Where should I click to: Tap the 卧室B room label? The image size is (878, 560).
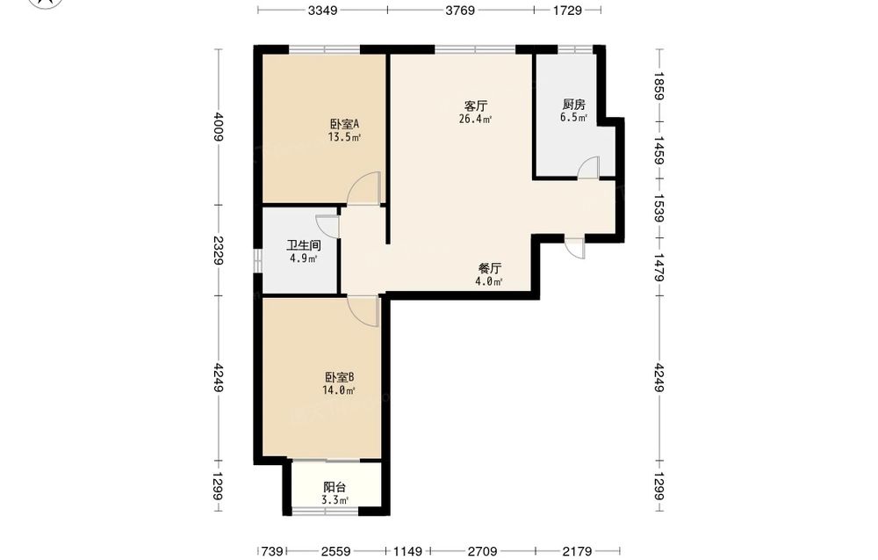pos(340,377)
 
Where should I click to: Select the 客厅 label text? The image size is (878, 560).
pos(475,105)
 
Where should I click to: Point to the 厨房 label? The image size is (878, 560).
pos(574,105)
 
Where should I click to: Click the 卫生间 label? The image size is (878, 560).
pos(304,245)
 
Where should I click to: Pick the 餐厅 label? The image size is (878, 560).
pos(489,268)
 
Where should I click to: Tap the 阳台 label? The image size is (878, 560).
pos(335,488)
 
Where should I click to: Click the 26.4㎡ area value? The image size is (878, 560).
pos(475,119)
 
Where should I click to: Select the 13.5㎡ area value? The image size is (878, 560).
pos(344,137)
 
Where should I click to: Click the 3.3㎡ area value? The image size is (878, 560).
pos(335,500)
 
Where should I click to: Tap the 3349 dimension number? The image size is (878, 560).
pos(322,10)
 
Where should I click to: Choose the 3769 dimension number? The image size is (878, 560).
pos(460,10)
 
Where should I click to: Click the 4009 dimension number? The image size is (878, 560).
pos(219,127)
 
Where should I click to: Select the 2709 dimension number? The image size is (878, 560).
pos(482,551)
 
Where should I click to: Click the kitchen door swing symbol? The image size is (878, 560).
pos(588,168)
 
